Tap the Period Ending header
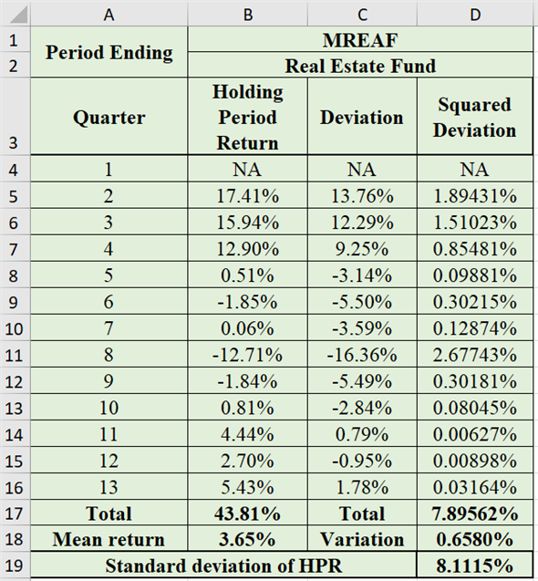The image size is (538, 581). tap(109, 53)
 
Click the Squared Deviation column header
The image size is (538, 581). tap(474, 118)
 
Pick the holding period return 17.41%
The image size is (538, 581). tap(247, 196)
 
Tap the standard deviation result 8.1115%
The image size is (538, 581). tap(474, 565)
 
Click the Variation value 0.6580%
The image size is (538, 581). tap(474, 539)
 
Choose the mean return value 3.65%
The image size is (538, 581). tap(247, 539)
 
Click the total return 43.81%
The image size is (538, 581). tap(247, 514)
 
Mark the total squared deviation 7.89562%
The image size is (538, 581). tap(474, 514)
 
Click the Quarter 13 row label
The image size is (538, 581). tap(109, 487)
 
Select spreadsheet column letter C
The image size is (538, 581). tap(361, 14)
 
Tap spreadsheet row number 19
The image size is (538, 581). tap(14, 565)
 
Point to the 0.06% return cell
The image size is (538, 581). tap(247, 327)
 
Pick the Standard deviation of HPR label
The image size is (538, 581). tap(223, 565)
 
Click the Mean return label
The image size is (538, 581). tap(109, 539)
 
